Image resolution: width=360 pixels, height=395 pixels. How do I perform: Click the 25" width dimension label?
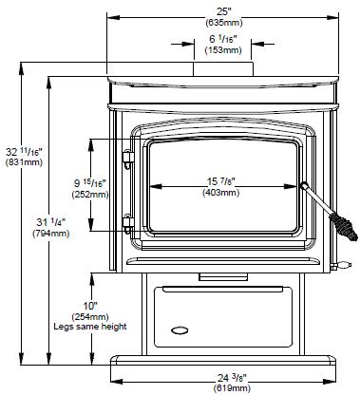[x=224, y=12]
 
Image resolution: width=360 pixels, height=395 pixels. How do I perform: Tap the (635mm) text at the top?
[x=224, y=23]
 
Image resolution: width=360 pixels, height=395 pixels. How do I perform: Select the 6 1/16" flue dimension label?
[x=223, y=39]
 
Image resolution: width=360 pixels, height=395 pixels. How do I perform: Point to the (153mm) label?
[x=223, y=50]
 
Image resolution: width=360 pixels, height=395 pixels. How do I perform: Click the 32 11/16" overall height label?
[x=24, y=152]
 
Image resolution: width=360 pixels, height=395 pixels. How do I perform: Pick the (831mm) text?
[x=24, y=162]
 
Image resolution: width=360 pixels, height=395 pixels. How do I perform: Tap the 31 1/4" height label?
[x=51, y=222]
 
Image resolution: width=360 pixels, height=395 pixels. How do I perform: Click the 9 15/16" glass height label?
[x=90, y=183]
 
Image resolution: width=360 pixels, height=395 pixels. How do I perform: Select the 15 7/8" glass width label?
[x=221, y=181]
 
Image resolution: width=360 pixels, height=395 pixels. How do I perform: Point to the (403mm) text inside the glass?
[x=221, y=192]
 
